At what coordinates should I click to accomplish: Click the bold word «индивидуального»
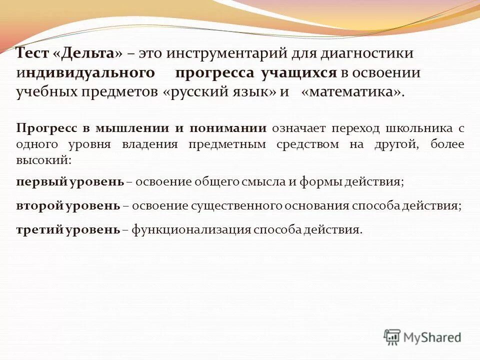[84, 73]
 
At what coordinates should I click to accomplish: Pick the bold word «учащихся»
[298, 73]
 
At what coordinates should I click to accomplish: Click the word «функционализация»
[191, 229]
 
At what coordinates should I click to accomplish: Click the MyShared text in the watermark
[432, 337]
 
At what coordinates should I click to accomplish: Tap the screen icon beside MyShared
[392, 337]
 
